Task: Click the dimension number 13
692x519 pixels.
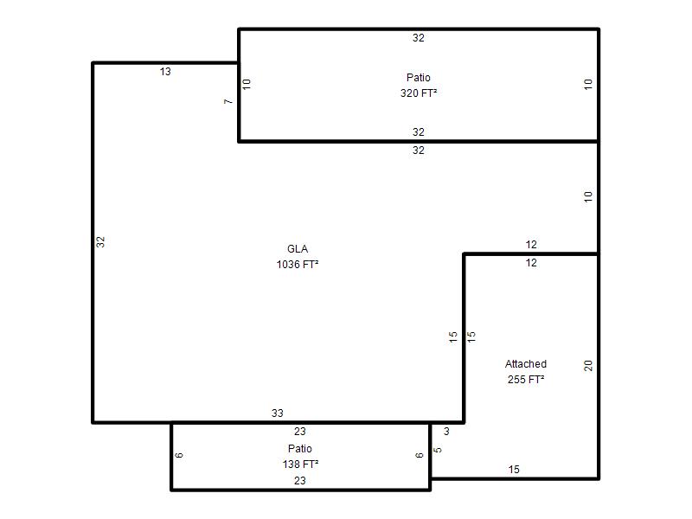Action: coord(165,72)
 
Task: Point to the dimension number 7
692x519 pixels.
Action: coord(228,101)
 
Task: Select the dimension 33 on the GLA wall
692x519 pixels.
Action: coord(277,413)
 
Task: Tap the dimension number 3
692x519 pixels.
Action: coord(446,431)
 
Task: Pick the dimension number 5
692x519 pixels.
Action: coord(438,450)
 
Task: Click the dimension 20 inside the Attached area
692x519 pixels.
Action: coord(588,365)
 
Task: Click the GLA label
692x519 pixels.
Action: coord(298,249)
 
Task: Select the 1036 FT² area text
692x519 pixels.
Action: coord(298,265)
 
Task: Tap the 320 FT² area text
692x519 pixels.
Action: coord(419,93)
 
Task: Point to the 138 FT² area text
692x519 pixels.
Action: coord(300,465)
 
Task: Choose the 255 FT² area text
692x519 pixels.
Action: coord(526,380)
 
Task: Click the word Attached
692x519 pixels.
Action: coord(526,364)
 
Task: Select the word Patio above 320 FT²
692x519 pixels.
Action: coord(419,78)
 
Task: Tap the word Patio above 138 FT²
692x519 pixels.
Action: coord(300,449)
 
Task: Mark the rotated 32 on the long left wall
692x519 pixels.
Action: coord(100,242)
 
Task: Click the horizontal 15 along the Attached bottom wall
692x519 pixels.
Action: coord(514,470)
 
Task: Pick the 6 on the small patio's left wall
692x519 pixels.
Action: coord(179,456)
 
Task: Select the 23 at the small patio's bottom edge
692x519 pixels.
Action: coord(299,481)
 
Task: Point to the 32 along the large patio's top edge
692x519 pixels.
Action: coord(419,38)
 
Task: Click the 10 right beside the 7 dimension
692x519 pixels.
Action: coord(247,84)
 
